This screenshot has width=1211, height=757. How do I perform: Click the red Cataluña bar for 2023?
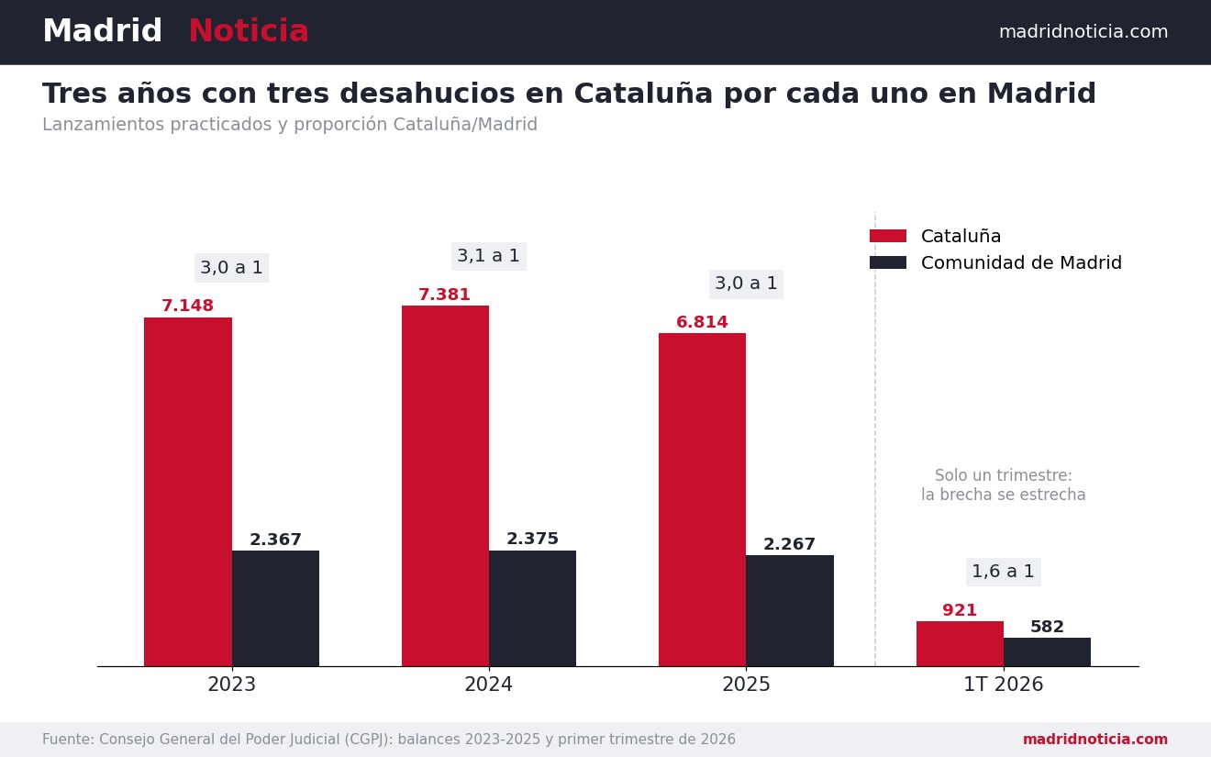[187, 492]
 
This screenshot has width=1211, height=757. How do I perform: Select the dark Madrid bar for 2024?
[532, 608]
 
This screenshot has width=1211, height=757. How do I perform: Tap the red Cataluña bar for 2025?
[702, 499]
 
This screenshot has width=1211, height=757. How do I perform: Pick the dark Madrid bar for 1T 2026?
[1047, 652]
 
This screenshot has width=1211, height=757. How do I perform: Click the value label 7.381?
[444, 295]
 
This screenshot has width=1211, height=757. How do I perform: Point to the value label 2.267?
[789, 544]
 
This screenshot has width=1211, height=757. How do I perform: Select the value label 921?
[960, 610]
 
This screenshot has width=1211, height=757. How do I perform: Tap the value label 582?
[1047, 627]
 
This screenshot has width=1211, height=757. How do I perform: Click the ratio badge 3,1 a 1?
[489, 256]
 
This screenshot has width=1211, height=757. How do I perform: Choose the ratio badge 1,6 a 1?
[1004, 572]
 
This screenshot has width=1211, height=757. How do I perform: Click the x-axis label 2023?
[231, 684]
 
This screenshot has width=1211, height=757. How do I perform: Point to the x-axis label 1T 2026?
[1004, 684]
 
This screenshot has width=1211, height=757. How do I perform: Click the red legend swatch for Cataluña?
[888, 236]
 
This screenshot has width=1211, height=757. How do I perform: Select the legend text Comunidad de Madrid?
[1021, 262]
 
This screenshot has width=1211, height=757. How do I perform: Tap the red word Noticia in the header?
[249, 31]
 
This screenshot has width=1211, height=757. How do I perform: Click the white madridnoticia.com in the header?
[1083, 32]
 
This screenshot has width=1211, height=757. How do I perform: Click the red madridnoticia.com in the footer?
[1095, 740]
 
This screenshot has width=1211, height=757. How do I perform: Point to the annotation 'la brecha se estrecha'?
[1004, 495]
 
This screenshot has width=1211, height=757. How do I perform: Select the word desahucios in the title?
[428, 93]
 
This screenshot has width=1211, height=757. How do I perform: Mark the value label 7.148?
[187, 306]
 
